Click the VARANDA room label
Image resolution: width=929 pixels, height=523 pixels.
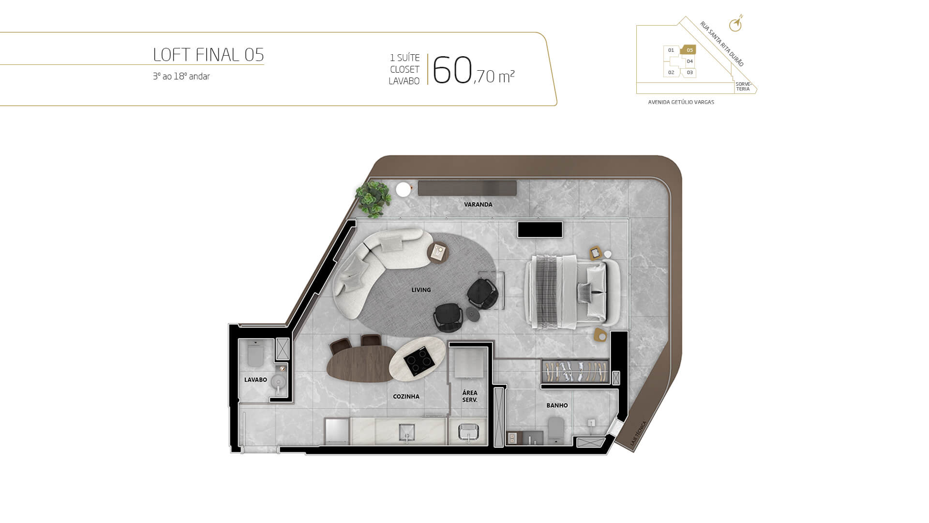tap(478, 204)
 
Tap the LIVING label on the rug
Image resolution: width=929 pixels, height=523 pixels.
tap(421, 290)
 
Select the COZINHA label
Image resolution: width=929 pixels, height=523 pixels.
tap(406, 397)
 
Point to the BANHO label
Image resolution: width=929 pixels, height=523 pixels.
tap(557, 405)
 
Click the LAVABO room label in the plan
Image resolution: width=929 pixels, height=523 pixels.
tap(255, 380)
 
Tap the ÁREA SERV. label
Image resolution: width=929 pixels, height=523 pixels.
tap(470, 396)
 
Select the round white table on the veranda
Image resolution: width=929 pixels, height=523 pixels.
tap(403, 190)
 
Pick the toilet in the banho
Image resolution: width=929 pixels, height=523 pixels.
tap(556, 429)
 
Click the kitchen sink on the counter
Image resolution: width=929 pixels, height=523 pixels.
tap(406, 431)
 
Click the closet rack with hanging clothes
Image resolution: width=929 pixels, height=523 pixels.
tap(575, 371)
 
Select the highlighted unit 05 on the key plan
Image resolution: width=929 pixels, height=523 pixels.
tap(689, 50)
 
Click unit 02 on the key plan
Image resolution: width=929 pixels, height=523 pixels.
tap(671, 73)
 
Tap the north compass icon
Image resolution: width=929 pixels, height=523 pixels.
tap(736, 24)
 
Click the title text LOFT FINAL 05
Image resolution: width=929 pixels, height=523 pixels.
tap(209, 55)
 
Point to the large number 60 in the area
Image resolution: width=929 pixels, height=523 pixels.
tap(452, 70)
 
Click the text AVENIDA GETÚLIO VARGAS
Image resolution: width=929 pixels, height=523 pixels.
tap(681, 102)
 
